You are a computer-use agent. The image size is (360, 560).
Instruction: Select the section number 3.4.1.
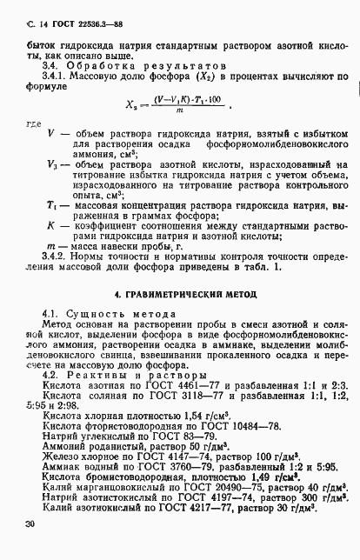pos(57,76)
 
